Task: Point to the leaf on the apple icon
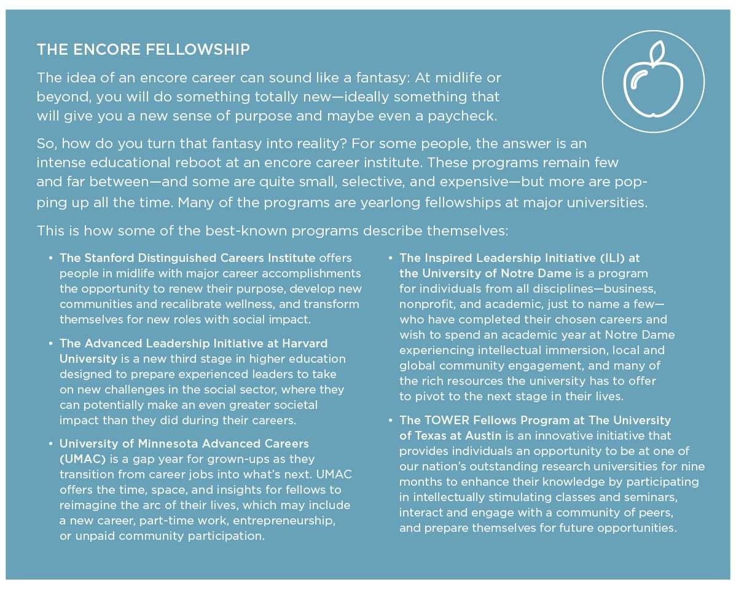pos(657,52)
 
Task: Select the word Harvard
pos(305,342)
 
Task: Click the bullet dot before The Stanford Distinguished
pos(50,258)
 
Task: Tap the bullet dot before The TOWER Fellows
pos(390,421)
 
